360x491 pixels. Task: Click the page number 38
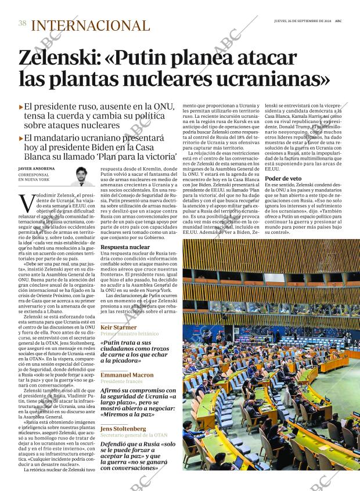23,24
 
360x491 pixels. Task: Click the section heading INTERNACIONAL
90,26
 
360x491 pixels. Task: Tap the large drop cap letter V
26,204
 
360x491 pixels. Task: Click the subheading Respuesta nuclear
125,247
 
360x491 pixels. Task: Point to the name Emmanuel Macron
127,375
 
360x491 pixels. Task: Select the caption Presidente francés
121,382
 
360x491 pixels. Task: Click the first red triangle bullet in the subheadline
21,107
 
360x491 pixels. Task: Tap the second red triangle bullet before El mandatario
21,139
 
